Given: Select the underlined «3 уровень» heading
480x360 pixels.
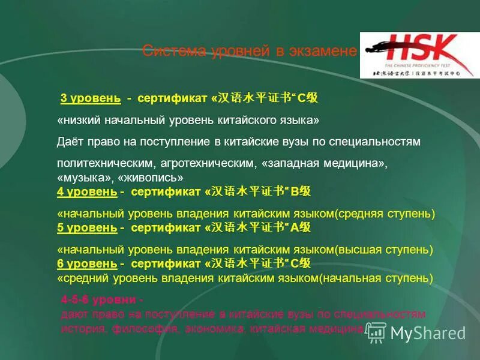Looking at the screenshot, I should point(91,98).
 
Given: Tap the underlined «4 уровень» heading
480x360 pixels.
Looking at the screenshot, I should point(86,191).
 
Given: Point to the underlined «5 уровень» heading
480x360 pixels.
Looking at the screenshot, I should point(86,227).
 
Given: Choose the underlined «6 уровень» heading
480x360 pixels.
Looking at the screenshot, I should point(86,263).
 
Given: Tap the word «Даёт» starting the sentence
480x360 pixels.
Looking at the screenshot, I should point(71,142).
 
